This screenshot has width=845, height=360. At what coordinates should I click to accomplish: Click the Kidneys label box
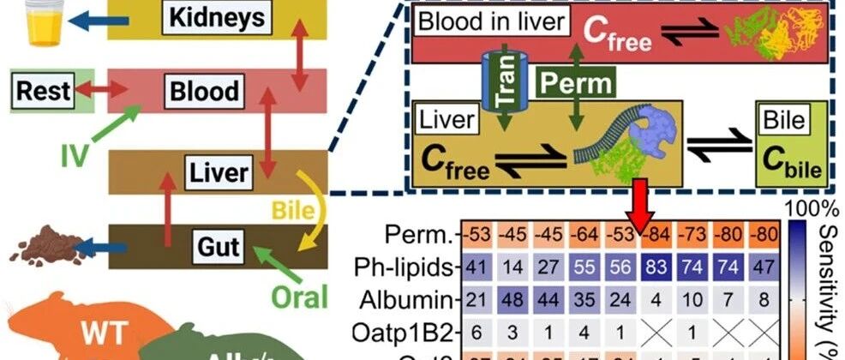[x=211, y=15]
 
